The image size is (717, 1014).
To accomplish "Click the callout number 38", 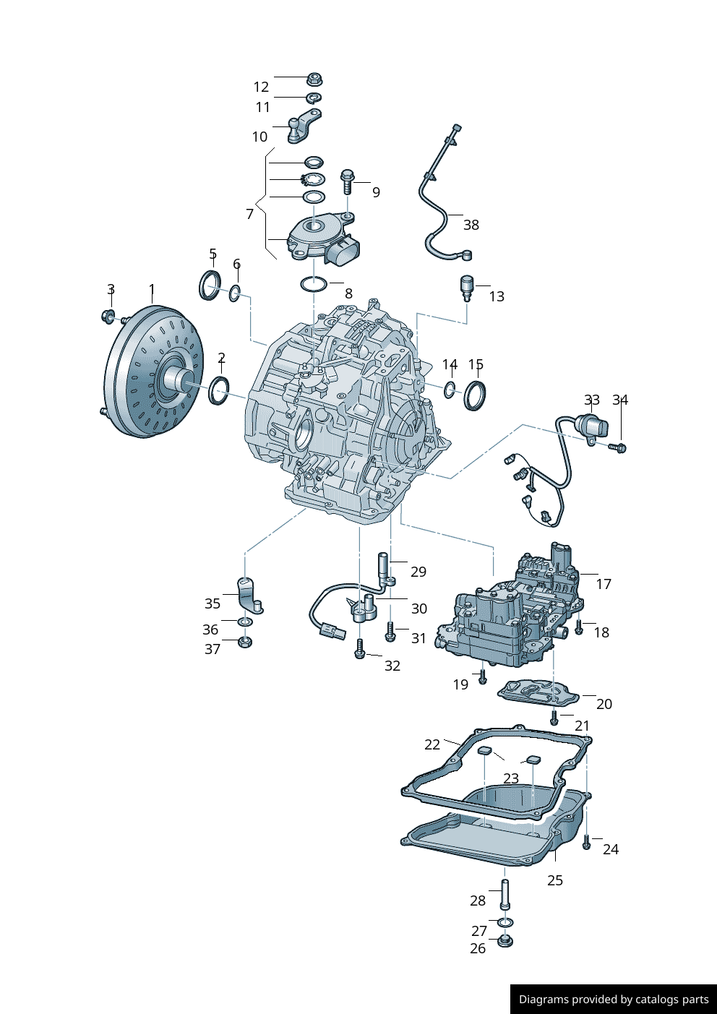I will [x=471, y=225].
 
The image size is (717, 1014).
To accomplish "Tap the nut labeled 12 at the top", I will [x=314, y=79].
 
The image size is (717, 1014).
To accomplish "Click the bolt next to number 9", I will [x=348, y=180].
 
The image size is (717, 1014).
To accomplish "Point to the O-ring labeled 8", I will [x=313, y=284].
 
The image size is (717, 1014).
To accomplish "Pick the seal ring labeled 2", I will [x=219, y=390].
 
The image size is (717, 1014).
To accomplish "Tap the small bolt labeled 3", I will [x=108, y=315].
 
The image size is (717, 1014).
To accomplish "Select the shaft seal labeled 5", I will [x=210, y=284].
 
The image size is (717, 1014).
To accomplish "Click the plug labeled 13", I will [x=467, y=287].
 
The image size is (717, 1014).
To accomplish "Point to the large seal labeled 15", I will [x=475, y=395].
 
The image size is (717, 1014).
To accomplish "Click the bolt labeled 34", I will [x=619, y=448].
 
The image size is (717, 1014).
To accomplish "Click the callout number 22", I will [x=432, y=744].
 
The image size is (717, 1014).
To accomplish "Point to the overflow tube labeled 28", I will [x=505, y=893].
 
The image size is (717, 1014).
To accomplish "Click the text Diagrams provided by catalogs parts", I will [x=613, y=1000].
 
